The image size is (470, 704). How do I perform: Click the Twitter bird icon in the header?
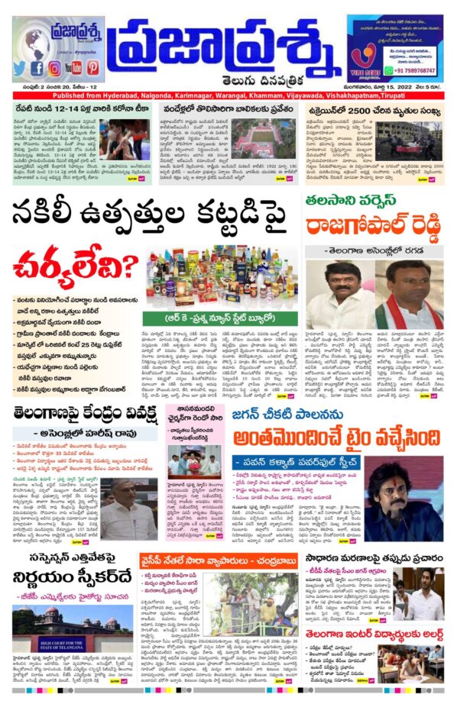point(21,68)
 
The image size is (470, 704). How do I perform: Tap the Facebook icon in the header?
point(37,68)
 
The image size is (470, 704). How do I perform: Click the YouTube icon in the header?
point(73,68)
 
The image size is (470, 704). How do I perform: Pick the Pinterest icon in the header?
point(92,68)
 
